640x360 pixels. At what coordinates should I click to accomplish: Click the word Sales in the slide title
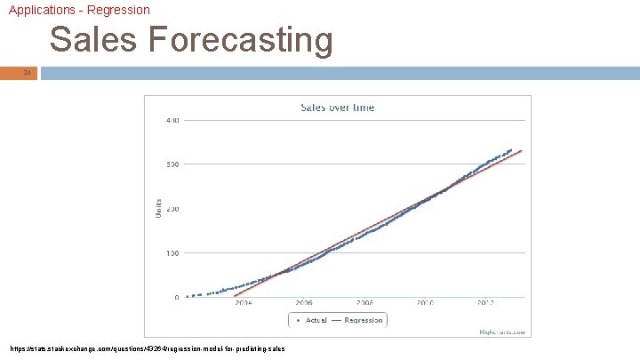(85, 41)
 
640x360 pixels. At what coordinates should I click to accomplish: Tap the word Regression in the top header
(119, 10)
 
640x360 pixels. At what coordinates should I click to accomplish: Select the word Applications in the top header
(40, 10)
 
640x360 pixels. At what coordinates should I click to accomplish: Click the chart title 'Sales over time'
(338, 108)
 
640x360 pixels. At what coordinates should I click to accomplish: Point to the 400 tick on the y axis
(172, 120)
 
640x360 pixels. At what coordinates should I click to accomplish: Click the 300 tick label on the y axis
(172, 164)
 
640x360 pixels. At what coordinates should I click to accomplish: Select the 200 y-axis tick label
(172, 209)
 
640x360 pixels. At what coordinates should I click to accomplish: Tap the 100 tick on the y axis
(172, 253)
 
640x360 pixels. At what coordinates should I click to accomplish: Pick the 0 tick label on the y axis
(176, 298)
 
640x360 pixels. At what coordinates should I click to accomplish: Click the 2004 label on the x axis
(243, 303)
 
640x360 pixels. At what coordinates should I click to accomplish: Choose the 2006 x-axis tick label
(304, 303)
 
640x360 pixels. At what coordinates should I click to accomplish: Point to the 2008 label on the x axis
(364, 303)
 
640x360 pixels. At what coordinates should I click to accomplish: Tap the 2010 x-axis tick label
(425, 303)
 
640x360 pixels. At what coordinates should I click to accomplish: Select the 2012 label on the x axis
(485, 303)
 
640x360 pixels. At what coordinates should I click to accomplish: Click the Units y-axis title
(159, 209)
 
